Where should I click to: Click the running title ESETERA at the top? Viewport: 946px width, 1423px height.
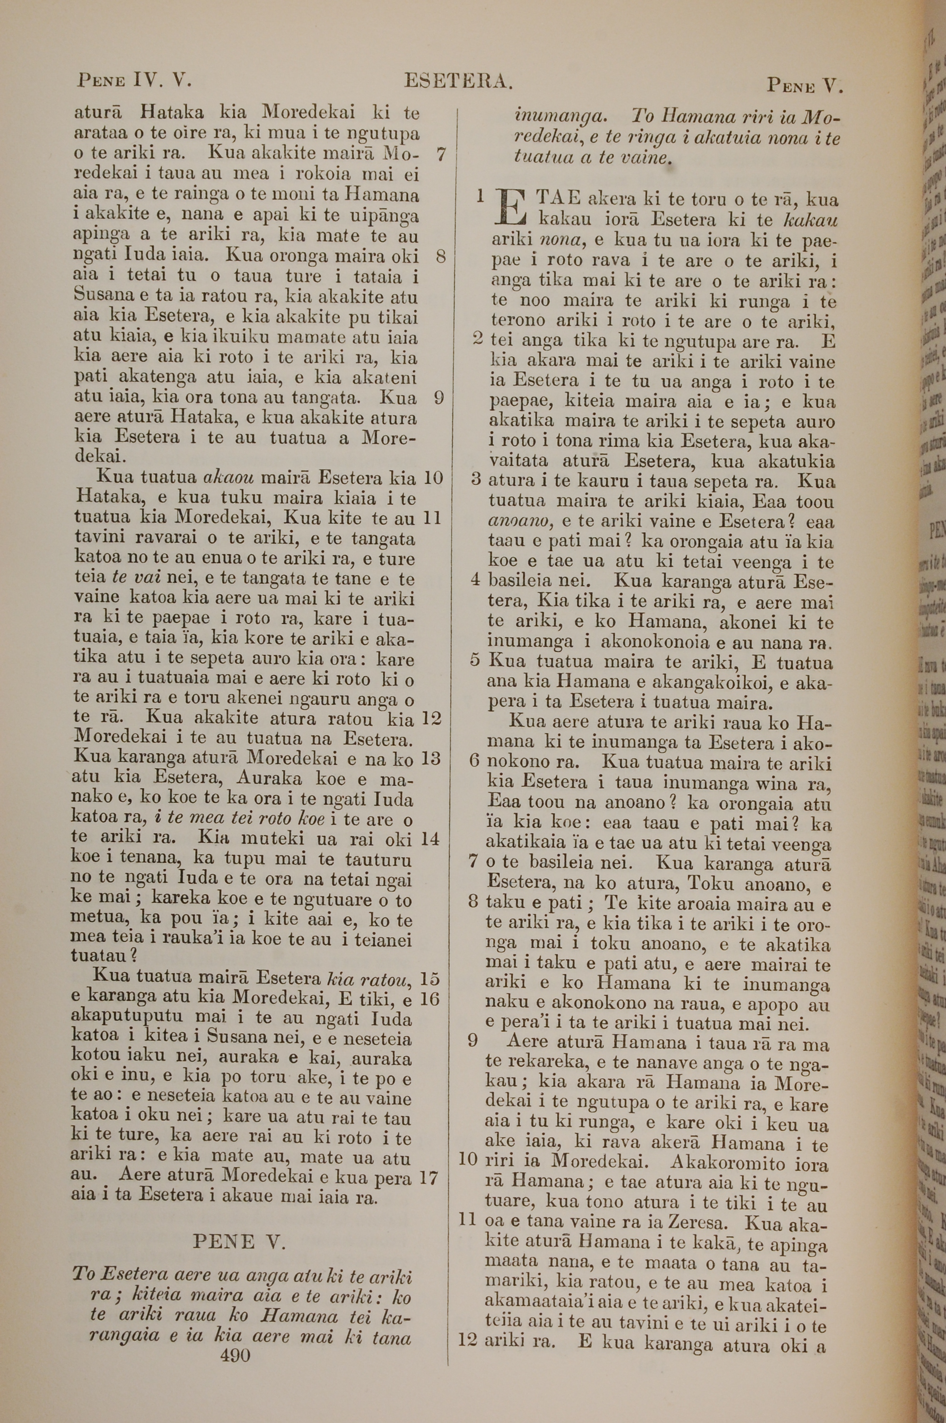(x=458, y=81)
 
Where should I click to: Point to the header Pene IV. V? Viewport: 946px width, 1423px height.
(x=134, y=80)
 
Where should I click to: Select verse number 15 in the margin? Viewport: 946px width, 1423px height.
(x=430, y=978)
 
